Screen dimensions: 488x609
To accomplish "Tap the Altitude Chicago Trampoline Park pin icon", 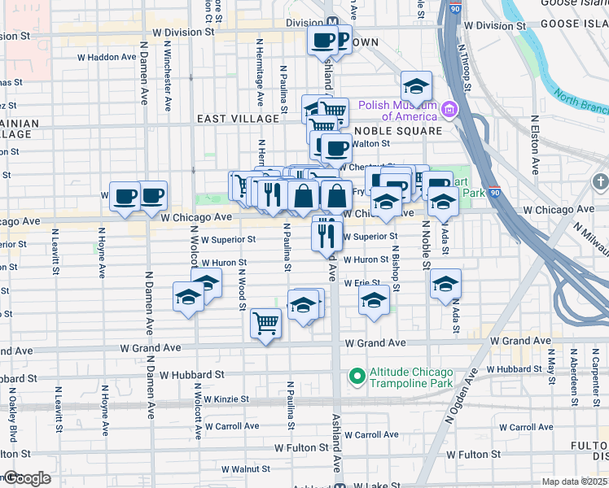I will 356,376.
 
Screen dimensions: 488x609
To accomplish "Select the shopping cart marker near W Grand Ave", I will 265,323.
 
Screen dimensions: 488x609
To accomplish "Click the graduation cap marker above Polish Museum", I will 416,86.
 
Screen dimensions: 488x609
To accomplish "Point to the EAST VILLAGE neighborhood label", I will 238,119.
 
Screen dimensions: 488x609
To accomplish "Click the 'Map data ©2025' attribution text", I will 575,481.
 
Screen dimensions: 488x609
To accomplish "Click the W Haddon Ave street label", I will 107,57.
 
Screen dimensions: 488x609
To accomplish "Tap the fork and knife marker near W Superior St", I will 326,233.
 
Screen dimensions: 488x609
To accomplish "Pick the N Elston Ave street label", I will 535,145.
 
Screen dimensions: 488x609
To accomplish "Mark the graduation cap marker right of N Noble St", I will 445,283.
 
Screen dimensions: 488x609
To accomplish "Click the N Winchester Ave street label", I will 167,81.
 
